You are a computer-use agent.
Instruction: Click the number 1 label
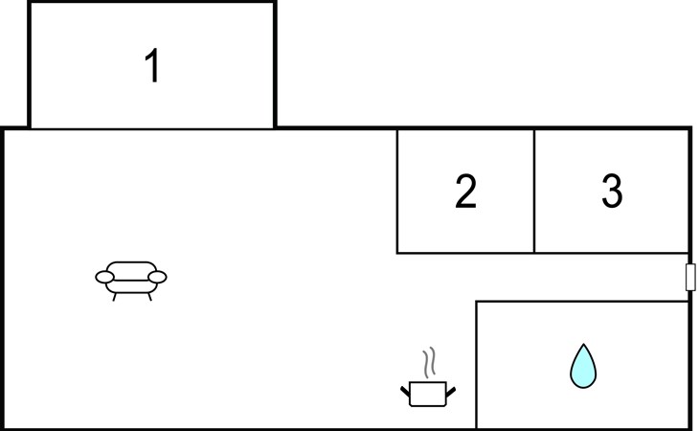[151, 67]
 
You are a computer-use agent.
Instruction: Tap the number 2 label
[465, 192]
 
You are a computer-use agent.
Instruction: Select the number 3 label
[612, 192]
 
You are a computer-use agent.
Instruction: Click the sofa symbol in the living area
[131, 279]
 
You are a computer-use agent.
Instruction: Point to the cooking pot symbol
[427, 392]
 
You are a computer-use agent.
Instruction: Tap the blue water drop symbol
[582, 366]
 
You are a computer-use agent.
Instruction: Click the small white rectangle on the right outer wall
[690, 278]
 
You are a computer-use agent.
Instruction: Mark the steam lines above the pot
[430, 361]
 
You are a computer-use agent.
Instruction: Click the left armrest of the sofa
[104, 277]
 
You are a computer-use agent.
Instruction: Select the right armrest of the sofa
[158, 277]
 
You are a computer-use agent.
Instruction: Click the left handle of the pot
[405, 389]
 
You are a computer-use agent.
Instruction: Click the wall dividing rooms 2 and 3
[534, 192]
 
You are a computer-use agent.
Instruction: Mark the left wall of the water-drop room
[476, 364]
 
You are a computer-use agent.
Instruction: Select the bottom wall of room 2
[465, 253]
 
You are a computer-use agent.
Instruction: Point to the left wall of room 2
[397, 192]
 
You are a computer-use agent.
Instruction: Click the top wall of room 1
[151, 2]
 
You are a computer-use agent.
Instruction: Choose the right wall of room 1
[275, 65]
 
